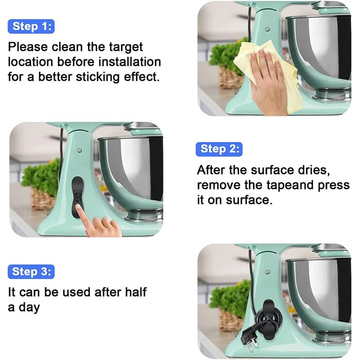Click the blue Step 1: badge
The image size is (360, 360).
coord(31,27)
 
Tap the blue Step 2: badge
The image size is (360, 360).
coord(219,149)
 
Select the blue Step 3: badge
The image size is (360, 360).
coord(31,272)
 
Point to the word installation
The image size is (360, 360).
coord(129,62)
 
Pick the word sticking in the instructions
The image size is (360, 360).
coord(92,76)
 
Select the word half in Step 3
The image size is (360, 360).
coord(134,292)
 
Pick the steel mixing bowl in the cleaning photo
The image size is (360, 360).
coord(320,49)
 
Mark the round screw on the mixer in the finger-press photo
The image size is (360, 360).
coord(79,150)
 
